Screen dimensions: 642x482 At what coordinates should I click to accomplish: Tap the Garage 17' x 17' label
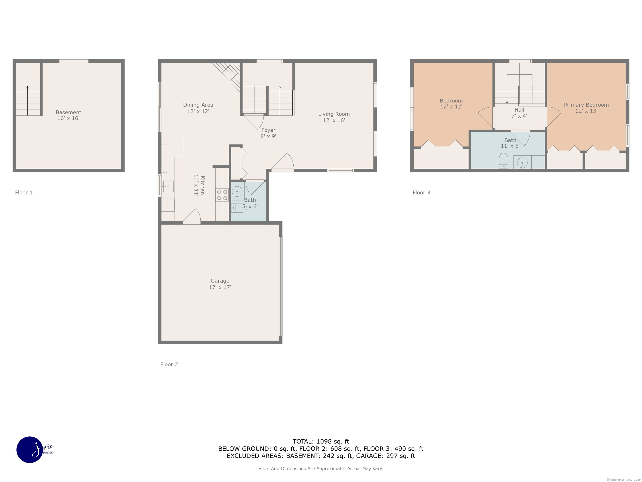(220, 284)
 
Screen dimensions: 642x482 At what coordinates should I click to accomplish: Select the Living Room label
(334, 117)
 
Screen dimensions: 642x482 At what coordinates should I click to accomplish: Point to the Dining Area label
(198, 108)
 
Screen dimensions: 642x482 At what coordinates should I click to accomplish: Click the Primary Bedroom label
(586, 108)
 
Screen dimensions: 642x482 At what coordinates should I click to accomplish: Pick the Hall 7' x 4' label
(519, 112)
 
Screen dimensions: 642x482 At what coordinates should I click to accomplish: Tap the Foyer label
(268, 133)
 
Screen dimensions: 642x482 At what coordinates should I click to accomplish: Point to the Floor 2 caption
(169, 364)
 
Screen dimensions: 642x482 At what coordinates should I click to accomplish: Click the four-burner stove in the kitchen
(222, 195)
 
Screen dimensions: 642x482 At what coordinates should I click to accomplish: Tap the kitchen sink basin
(168, 186)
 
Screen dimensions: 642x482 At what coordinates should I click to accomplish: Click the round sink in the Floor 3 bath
(522, 162)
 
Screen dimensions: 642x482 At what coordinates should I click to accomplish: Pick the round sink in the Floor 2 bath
(237, 191)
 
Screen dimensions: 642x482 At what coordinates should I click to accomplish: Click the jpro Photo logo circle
(30, 449)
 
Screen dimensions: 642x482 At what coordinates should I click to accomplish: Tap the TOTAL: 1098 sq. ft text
(321, 441)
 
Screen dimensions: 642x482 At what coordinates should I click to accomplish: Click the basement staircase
(28, 101)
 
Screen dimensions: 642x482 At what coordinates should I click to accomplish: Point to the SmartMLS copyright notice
(623, 479)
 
